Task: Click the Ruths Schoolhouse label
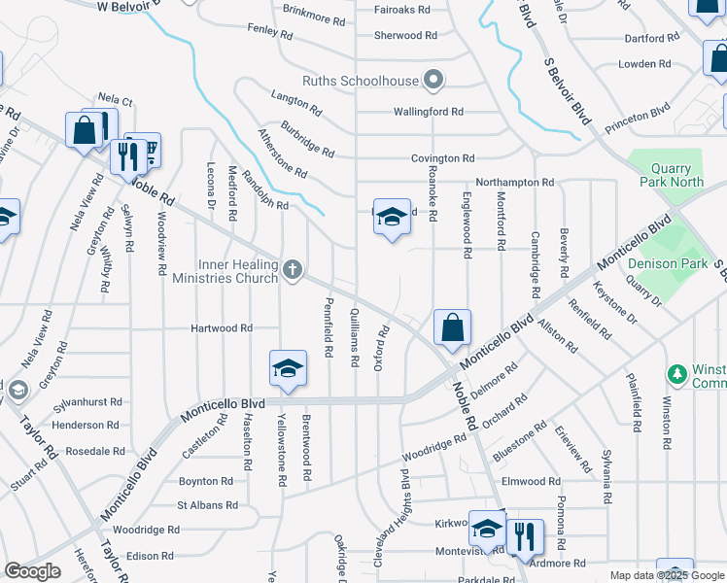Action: tap(360, 81)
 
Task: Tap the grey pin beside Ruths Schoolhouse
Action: tap(434, 81)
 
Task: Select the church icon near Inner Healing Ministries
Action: tap(293, 269)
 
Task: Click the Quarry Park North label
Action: tap(673, 175)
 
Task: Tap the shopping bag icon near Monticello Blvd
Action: tap(452, 327)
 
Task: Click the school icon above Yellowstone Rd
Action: tap(289, 368)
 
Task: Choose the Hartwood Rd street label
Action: tap(220, 328)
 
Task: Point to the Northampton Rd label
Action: tap(514, 183)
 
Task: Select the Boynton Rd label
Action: tap(205, 481)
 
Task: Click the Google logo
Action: tap(33, 571)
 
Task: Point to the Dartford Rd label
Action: tap(651, 39)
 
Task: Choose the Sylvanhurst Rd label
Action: tap(87, 401)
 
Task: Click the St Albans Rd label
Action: tap(207, 505)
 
